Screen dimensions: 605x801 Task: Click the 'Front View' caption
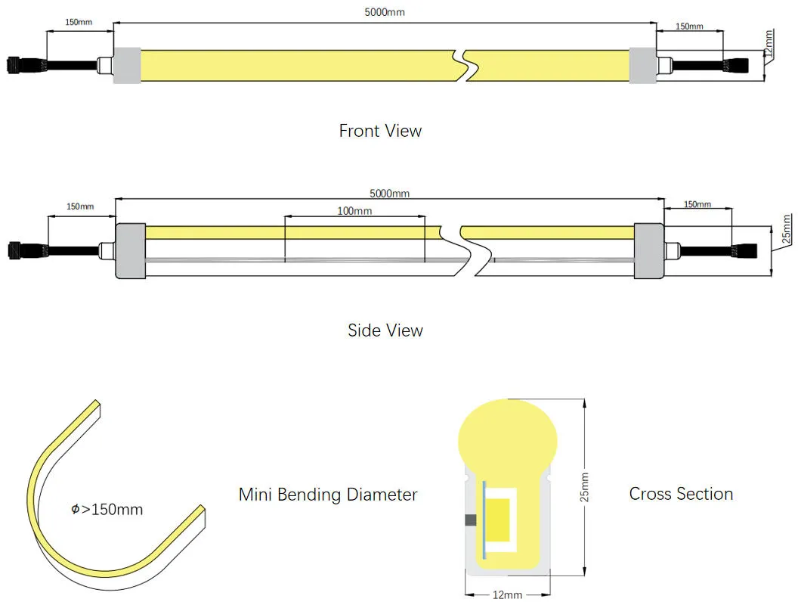click(380, 131)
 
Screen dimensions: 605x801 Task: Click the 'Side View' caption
click(385, 330)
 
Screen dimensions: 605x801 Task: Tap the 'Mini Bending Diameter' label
click(328, 495)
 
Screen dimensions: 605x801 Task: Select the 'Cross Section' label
click(681, 494)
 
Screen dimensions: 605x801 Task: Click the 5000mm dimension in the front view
click(385, 13)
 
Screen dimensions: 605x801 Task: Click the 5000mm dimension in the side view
click(390, 194)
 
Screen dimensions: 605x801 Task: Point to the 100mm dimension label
click(354, 211)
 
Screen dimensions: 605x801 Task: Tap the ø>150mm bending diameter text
click(107, 510)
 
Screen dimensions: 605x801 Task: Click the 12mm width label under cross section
click(506, 595)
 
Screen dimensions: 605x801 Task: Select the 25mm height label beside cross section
click(584, 487)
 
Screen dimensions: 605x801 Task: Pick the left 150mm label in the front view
click(79, 22)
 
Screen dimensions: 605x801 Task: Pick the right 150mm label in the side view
click(697, 204)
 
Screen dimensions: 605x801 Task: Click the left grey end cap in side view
click(129, 251)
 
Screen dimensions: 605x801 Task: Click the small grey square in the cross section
click(470, 520)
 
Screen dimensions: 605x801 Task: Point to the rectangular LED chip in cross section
click(499, 520)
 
